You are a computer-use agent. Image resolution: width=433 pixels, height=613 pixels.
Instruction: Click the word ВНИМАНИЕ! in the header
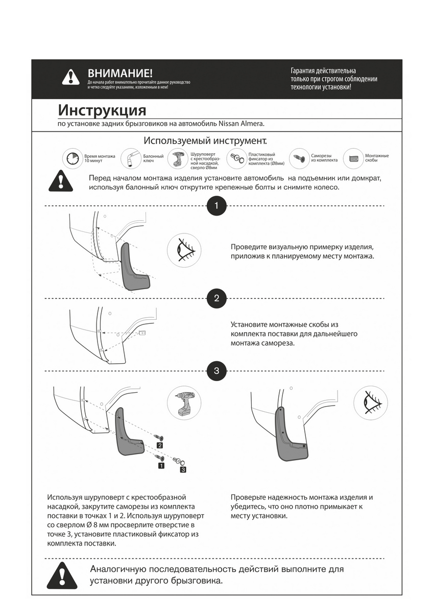tap(120, 74)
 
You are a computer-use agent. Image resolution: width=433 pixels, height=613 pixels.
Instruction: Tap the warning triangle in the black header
tap(71, 77)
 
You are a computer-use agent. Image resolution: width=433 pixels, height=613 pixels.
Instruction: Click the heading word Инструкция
tap(102, 110)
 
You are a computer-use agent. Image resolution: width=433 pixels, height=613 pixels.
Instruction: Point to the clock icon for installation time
tap(73, 158)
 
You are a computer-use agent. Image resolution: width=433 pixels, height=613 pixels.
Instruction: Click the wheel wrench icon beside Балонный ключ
tap(131, 158)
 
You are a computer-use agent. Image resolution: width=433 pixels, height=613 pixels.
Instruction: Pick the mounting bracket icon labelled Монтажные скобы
tap(353, 158)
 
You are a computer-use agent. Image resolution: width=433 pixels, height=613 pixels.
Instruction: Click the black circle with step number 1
tap(216, 206)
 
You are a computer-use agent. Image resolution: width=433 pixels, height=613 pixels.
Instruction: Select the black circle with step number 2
tap(216, 298)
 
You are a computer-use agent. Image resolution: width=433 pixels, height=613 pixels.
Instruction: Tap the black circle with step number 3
tap(216, 371)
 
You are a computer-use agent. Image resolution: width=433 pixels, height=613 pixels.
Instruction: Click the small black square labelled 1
tap(161, 465)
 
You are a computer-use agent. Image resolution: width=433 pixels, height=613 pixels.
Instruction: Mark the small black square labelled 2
tap(160, 445)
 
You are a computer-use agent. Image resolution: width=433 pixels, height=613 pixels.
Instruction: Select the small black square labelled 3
tap(183, 468)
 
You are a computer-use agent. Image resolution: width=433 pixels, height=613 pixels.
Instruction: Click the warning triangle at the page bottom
tap(63, 577)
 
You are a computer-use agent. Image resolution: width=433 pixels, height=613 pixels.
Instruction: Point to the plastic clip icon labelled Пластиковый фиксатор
tap(237, 158)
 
